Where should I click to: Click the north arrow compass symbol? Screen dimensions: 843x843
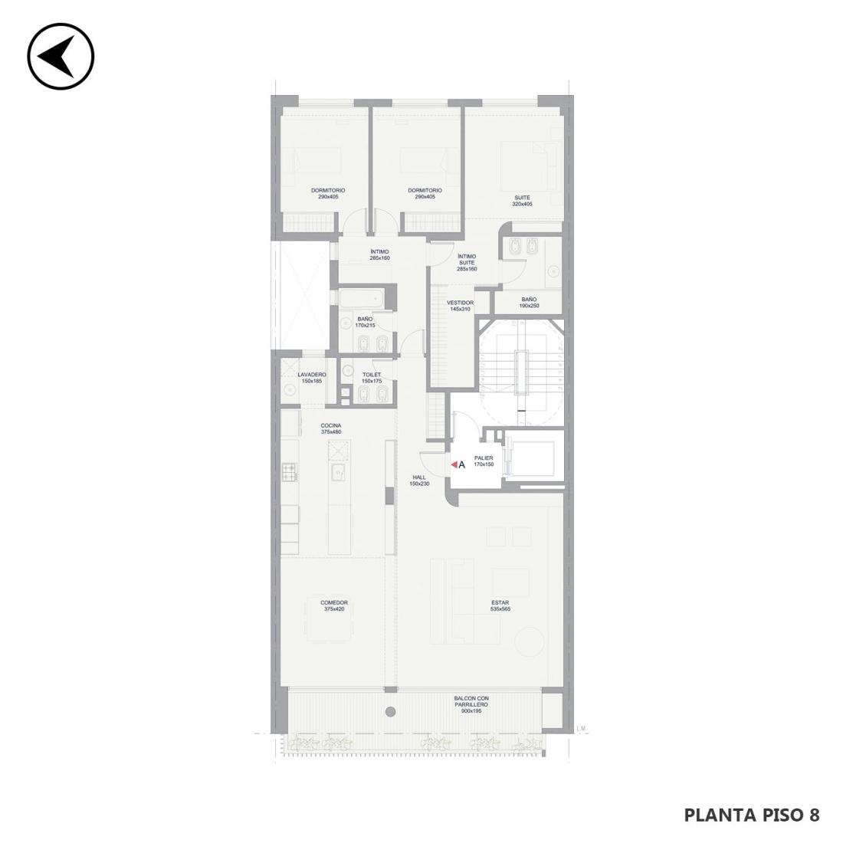(61, 57)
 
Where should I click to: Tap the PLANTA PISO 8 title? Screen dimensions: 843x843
(752, 815)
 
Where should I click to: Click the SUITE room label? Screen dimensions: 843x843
(521, 198)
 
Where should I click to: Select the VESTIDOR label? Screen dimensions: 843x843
(461, 303)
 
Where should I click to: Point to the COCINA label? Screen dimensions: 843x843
(331, 425)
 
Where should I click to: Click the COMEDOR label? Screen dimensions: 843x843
(334, 602)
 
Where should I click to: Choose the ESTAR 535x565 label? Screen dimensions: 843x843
(500, 606)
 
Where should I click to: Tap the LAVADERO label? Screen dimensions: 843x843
(312, 375)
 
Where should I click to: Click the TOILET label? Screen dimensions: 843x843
(372, 375)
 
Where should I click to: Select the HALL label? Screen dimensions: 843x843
(419, 477)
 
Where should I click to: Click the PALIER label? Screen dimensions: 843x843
(484, 458)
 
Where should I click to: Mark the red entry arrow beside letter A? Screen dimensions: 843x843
(454, 464)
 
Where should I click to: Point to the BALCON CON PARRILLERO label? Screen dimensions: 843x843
(471, 701)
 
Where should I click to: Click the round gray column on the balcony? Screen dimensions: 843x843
(391, 712)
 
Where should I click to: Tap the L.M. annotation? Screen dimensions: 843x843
(581, 729)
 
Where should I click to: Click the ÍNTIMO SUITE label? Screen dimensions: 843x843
(467, 260)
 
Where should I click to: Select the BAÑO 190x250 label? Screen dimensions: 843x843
(529, 303)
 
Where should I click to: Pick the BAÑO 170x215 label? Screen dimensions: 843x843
(365, 322)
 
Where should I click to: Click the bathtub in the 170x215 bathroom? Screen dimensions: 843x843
(361, 298)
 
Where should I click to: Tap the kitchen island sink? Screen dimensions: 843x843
(339, 472)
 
